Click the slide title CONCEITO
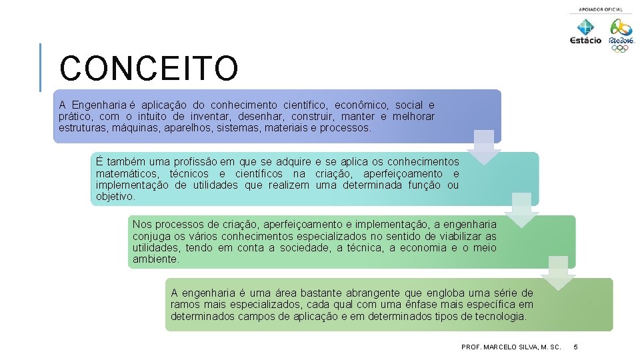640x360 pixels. click(148, 69)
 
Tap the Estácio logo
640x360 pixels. click(585, 32)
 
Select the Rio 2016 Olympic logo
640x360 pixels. click(621, 35)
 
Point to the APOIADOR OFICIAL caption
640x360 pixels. click(601, 9)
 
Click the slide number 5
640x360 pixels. click(576, 347)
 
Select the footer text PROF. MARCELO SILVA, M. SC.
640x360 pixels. click(511, 347)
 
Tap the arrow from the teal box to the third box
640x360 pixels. click(521, 209)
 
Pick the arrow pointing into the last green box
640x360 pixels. click(558, 273)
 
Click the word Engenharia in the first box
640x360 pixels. click(99, 105)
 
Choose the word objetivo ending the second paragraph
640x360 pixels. click(115, 197)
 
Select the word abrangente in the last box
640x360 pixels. click(370, 293)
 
